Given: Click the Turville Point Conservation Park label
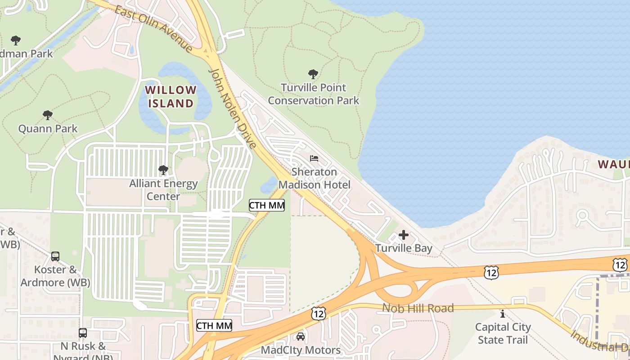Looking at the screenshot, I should [314, 94].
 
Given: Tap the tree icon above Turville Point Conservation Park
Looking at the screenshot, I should [313, 74].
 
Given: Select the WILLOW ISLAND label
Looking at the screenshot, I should [171, 96].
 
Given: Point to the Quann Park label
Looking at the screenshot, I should [48, 129].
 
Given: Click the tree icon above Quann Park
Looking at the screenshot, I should [47, 115].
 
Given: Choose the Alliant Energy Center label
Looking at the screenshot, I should [163, 190].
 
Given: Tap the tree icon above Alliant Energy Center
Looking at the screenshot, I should [163, 170].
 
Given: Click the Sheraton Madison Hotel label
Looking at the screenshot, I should [314, 178].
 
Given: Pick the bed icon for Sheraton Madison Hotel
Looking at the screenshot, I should [314, 158].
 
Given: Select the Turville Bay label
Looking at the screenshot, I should [404, 248].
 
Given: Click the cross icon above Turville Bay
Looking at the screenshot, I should [404, 235].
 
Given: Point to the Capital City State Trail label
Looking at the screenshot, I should [503, 333].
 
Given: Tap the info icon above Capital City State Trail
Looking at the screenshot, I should [503, 313].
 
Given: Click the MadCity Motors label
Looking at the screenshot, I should [301, 350].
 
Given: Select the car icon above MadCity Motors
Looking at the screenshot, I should [301, 337].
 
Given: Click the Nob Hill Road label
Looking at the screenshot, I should [418, 308].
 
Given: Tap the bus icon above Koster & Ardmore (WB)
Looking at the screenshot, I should [55, 256].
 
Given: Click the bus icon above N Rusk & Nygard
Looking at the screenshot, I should [83, 333].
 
